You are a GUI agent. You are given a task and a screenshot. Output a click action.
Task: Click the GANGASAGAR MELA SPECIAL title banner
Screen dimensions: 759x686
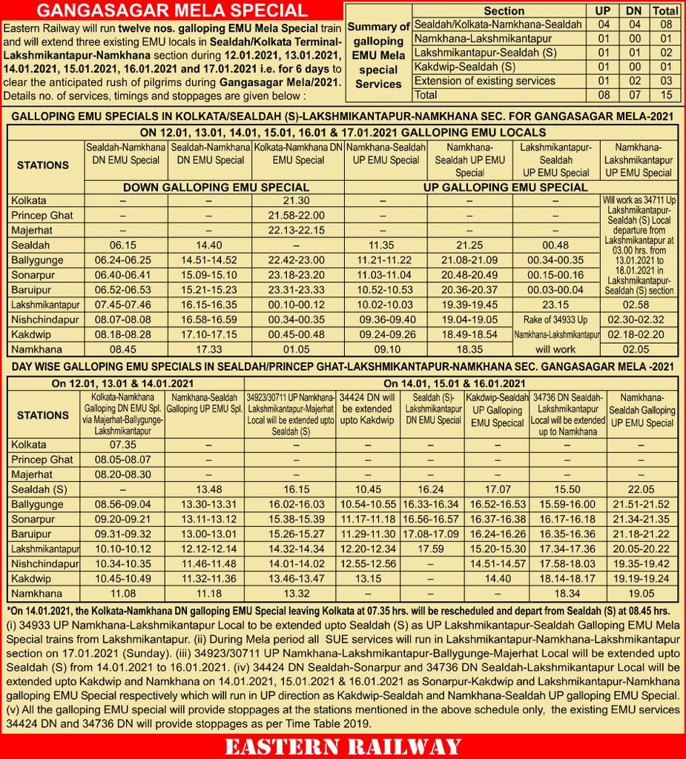coord(172,10)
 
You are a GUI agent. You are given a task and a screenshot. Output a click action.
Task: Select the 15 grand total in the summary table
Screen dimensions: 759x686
coord(665,96)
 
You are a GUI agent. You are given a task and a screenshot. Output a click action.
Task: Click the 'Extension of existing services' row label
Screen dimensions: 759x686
coord(484,81)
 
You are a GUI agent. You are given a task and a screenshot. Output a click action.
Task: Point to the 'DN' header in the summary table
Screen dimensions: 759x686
coord(633,11)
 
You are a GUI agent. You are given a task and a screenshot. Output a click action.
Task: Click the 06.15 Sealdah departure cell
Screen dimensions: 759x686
coord(123,246)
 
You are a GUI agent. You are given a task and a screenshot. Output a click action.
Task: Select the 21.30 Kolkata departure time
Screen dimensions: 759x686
coord(298,201)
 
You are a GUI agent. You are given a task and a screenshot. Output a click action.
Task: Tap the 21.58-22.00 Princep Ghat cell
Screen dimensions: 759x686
coord(298,215)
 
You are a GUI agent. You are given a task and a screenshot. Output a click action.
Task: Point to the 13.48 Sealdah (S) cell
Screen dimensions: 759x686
coord(205,489)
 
